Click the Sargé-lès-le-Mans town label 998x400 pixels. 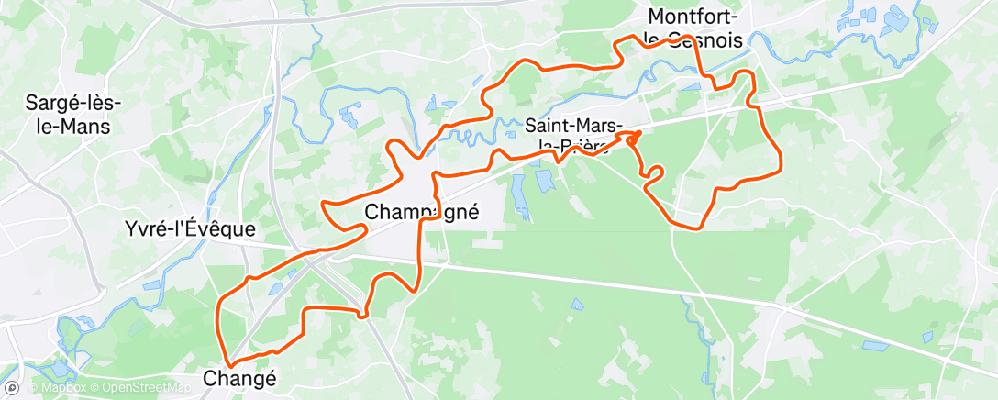[x=68, y=115]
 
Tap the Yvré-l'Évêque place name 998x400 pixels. [x=190, y=228]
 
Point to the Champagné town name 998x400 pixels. [x=422, y=211]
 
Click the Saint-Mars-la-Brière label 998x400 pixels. [x=575, y=135]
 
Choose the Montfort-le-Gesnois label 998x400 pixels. [x=695, y=28]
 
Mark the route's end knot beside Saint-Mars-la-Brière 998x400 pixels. [x=633, y=137]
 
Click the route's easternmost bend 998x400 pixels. [x=780, y=165]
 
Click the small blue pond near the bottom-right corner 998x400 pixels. [x=875, y=346]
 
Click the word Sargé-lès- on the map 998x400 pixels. [x=70, y=104]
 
